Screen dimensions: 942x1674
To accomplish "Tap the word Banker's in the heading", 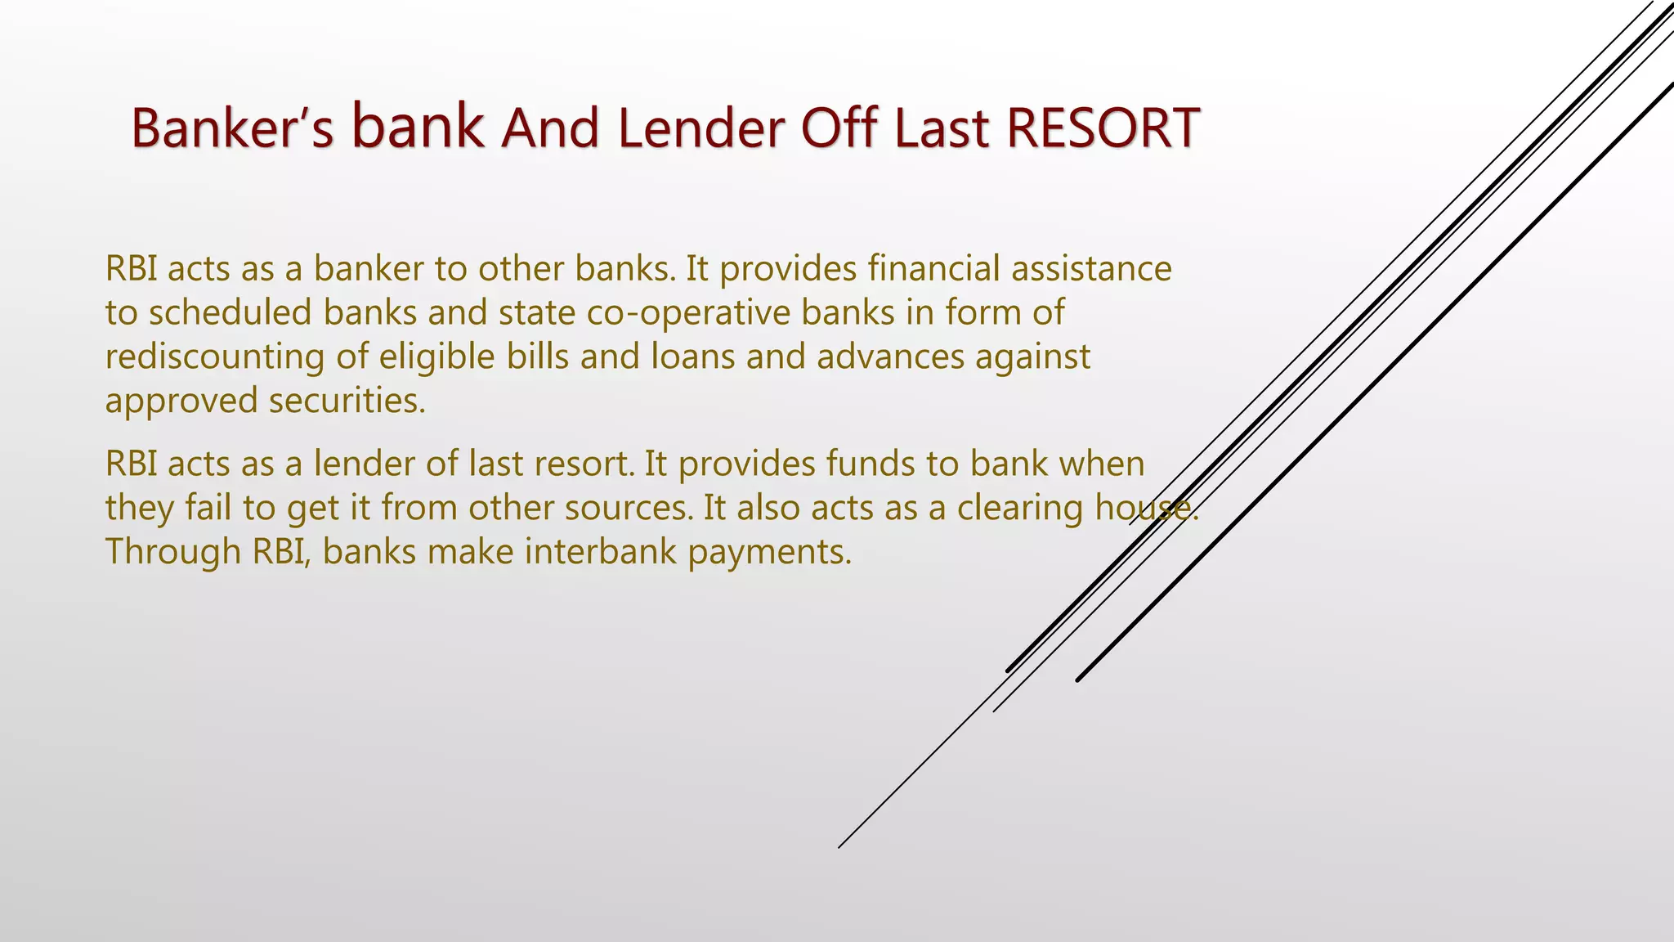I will (232, 128).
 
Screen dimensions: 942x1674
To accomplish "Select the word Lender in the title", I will (702, 128).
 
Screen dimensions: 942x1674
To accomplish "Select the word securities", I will (347, 401).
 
